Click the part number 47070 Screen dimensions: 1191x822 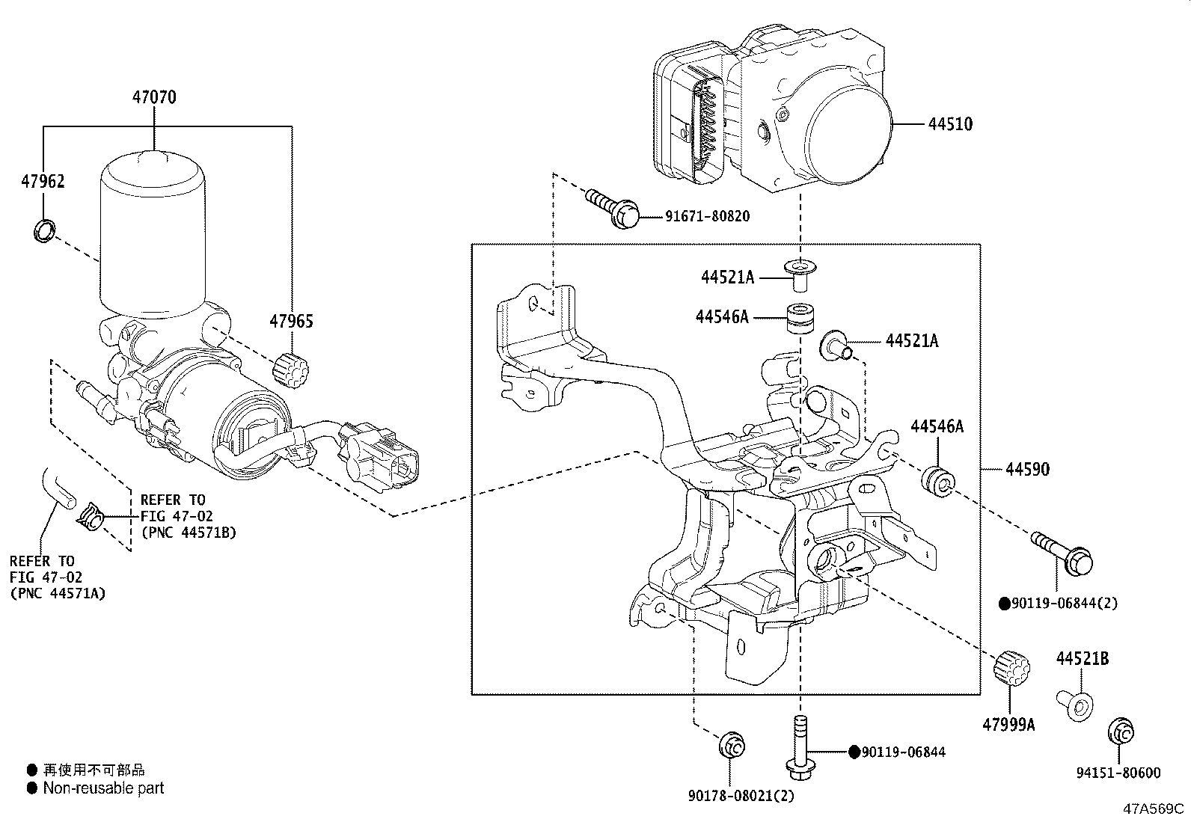[153, 97]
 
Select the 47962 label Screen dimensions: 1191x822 [43, 181]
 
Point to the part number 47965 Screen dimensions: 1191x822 [291, 321]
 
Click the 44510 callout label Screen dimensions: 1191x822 [950, 124]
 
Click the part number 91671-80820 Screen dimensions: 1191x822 [707, 216]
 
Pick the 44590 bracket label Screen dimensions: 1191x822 [1027, 470]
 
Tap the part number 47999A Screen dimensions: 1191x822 [1008, 725]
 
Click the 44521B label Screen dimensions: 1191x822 [1082, 659]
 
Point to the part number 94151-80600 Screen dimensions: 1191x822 [1118, 773]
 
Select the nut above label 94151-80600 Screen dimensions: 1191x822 [1120, 733]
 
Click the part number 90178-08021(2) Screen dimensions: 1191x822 [741, 796]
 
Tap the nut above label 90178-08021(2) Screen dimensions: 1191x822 [732, 746]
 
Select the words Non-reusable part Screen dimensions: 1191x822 [103, 788]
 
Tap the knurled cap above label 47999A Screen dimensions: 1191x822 [1011, 668]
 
